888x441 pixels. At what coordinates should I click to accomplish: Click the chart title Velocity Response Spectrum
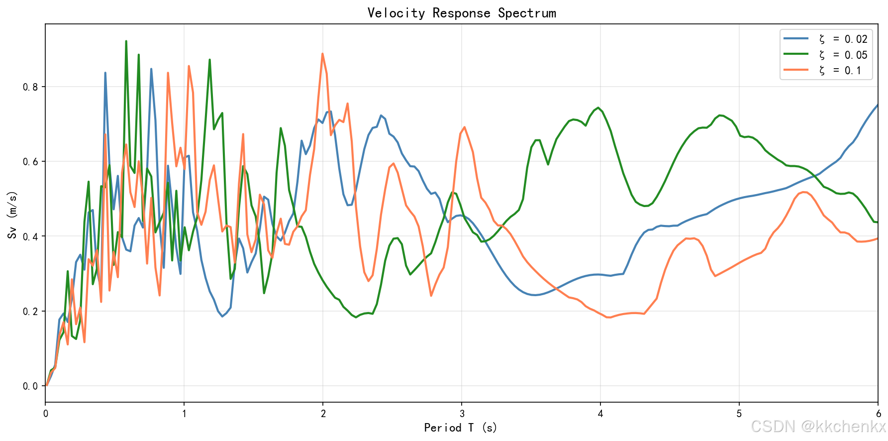461,13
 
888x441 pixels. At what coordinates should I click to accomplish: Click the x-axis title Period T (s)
461,428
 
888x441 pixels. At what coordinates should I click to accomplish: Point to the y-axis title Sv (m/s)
12,215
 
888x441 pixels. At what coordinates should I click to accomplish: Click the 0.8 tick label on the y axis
30,87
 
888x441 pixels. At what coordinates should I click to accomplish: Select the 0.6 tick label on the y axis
30,162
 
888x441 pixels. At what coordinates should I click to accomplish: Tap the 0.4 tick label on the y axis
30,236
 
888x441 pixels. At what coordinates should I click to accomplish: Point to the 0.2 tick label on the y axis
30,311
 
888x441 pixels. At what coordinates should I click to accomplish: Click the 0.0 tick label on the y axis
30,386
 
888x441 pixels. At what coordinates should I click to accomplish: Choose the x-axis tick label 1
184,414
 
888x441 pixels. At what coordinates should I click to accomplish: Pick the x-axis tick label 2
323,414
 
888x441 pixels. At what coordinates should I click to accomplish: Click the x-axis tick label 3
462,414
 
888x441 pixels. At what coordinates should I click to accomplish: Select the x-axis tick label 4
600,414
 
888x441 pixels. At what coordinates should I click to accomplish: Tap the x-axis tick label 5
739,414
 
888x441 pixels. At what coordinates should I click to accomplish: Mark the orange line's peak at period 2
322,54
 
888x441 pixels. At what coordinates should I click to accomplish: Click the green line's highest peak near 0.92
126,41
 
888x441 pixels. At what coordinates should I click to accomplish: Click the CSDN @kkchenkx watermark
818,427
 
